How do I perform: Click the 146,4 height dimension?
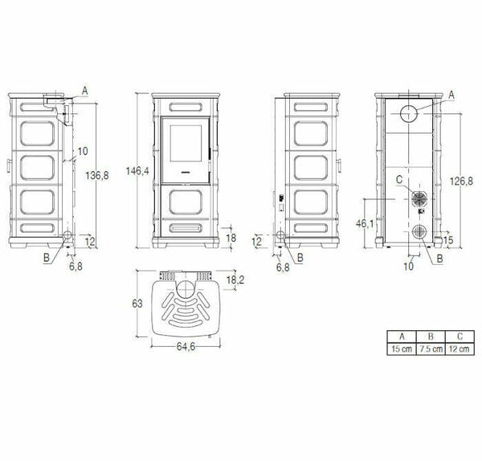pyautogui.click(x=137, y=170)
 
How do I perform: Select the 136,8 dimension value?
pyautogui.click(x=97, y=176)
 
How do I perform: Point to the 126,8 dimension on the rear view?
pyautogui.click(x=461, y=182)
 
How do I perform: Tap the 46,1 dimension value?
pyautogui.click(x=365, y=224)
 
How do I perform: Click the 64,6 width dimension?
pyautogui.click(x=186, y=346)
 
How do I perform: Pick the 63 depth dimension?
pyautogui.click(x=137, y=304)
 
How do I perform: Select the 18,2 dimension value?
pyautogui.click(x=235, y=280)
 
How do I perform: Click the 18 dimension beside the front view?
pyautogui.click(x=231, y=238)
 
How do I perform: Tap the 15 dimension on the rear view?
pyautogui.click(x=448, y=240)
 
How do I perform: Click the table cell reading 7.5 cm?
pyautogui.click(x=431, y=349)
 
